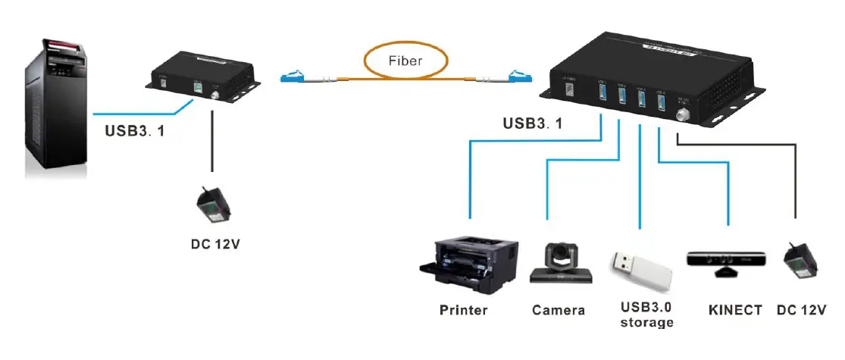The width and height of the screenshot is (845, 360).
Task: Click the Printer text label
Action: (463, 310)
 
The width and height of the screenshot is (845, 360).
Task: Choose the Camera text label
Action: (559, 310)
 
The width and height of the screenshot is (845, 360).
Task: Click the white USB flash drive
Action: (641, 270)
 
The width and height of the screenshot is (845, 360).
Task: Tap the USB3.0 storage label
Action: (645, 315)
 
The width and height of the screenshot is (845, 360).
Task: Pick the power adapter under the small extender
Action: (211, 207)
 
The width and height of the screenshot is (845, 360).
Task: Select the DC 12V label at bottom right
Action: (801, 310)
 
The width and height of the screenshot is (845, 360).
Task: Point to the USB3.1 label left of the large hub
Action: (533, 124)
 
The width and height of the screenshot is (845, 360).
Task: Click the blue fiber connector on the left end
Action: (295, 77)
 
